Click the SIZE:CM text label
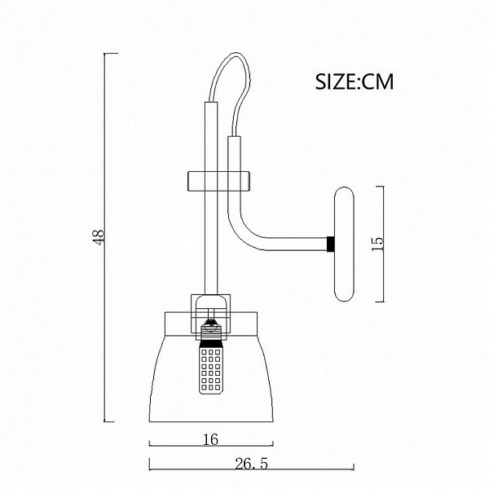click(355, 81)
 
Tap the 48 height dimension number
click(99, 237)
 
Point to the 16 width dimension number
click(211, 440)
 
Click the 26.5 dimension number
click(251, 464)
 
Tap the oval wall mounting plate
click(344, 244)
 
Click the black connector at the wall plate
click(331, 244)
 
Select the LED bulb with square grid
click(211, 368)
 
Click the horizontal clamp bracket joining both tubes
click(218, 181)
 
